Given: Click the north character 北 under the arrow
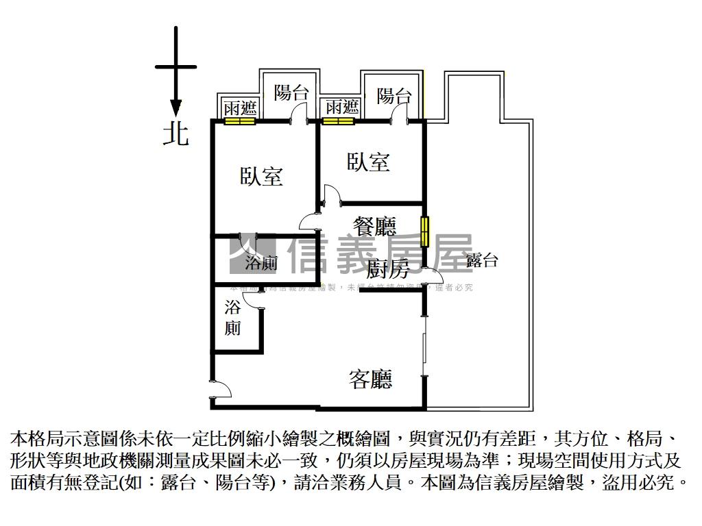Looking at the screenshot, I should (x=175, y=133).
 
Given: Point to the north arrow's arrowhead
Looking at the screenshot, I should (x=175, y=108).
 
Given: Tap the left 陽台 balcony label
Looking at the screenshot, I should (x=291, y=93).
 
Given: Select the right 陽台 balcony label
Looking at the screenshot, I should (x=394, y=96).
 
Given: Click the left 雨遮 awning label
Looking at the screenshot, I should (x=240, y=108).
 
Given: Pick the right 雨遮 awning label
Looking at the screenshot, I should (x=342, y=108).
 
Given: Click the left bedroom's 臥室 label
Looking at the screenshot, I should (x=261, y=176).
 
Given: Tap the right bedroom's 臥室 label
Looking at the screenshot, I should (x=369, y=162).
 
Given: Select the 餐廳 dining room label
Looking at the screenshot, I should (x=374, y=225).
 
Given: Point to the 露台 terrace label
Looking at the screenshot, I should (x=481, y=260).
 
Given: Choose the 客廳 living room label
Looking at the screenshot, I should (x=370, y=379).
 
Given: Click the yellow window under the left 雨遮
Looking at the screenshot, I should (x=240, y=122).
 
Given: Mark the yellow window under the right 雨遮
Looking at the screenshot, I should (x=339, y=122).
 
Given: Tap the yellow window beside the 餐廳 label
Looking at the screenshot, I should (x=425, y=231).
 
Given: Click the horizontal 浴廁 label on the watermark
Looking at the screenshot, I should (x=261, y=263).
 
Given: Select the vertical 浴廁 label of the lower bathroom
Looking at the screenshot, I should (x=233, y=318).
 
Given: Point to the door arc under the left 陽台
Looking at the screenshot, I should (x=300, y=114).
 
